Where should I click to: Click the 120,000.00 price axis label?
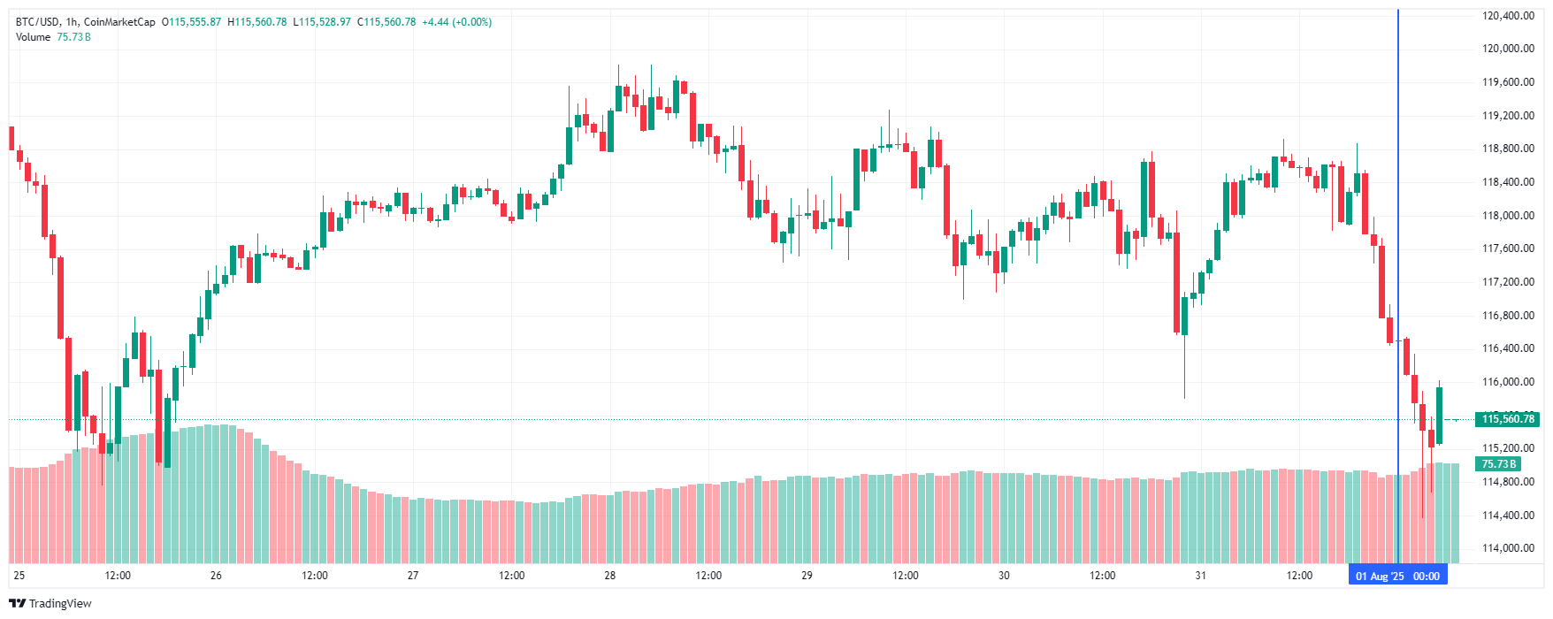[1508, 49]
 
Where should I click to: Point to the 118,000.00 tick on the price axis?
[1508, 215]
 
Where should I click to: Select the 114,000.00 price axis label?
[1508, 548]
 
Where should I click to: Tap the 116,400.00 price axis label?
[1508, 348]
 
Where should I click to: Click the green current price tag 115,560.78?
[1508, 419]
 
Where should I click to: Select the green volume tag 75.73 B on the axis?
[1499, 464]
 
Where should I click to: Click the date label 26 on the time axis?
[216, 576]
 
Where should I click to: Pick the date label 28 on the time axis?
[610, 576]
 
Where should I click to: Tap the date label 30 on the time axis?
[1004, 576]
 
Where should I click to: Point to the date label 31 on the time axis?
[1200, 576]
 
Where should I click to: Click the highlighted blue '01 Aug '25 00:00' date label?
[1397, 577]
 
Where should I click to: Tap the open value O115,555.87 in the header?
[191, 22]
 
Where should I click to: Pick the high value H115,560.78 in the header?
[257, 22]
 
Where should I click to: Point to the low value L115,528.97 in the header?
[322, 22]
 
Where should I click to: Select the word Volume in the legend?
[34, 37]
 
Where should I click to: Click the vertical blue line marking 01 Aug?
[1397, 265]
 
